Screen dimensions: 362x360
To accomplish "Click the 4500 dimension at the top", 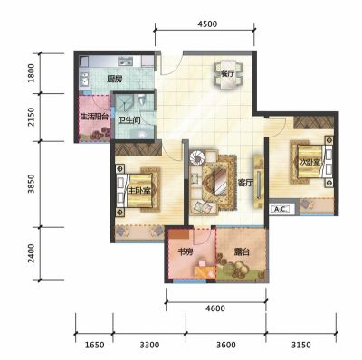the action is click(x=207, y=24).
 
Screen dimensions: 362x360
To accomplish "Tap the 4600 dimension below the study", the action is click(x=215, y=308).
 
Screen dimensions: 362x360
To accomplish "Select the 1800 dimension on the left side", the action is click(x=31, y=73).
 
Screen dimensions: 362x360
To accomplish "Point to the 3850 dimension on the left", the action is click(x=31, y=184).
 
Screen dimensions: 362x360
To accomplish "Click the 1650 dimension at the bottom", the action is click(x=94, y=345).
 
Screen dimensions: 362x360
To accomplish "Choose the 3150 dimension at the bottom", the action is click(x=300, y=345).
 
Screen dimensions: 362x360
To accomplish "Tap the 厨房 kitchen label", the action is click(x=115, y=80).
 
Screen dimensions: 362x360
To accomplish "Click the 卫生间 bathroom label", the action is click(x=129, y=120).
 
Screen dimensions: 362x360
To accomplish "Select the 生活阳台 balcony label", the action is click(x=94, y=117).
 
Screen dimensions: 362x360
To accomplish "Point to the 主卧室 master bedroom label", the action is click(x=138, y=191).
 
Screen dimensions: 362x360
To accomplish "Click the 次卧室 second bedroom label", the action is click(x=310, y=162).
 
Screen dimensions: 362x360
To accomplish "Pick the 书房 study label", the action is click(x=185, y=251).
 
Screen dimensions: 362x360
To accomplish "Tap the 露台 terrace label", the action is click(x=242, y=251).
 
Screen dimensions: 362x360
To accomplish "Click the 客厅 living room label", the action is click(x=245, y=183).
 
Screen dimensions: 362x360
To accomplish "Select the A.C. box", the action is click(x=281, y=209).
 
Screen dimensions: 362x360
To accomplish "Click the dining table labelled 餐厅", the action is click(x=228, y=75).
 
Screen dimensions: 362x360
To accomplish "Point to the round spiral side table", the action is click(x=197, y=158).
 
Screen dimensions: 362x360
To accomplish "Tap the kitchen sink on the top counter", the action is click(x=125, y=62).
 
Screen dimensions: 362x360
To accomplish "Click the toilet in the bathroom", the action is click(x=142, y=99).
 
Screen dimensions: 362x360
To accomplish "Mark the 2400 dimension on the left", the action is click(x=31, y=253).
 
